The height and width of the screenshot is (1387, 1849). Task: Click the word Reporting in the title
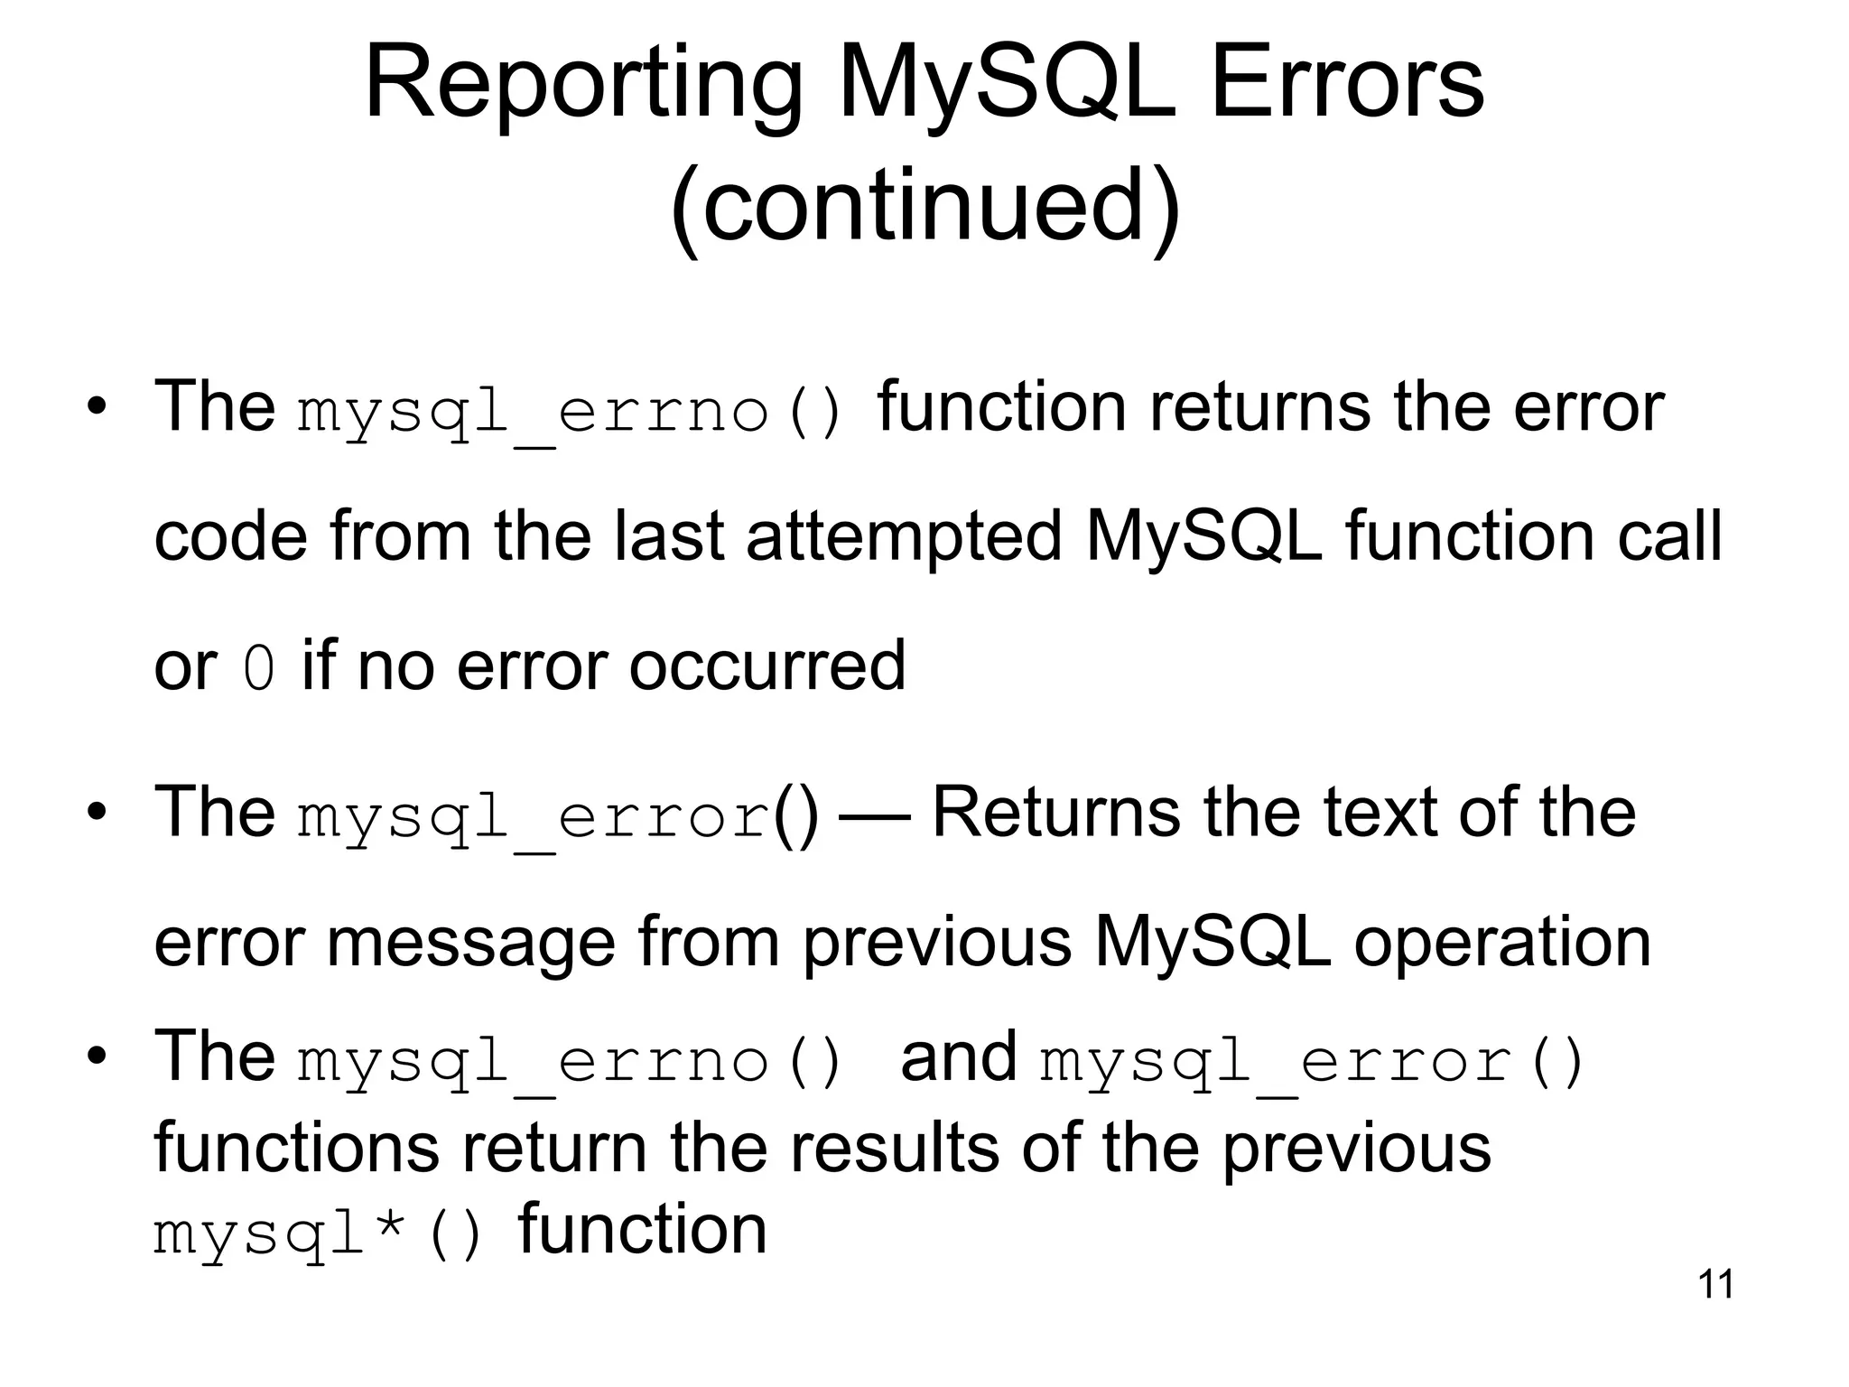click(x=583, y=86)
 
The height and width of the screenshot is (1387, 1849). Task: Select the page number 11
click(x=1715, y=1284)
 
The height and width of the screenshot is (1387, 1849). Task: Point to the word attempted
click(x=904, y=536)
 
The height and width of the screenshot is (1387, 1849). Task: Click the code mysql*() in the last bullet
click(x=318, y=1233)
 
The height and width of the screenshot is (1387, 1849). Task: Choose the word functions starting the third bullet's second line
click(x=297, y=1149)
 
